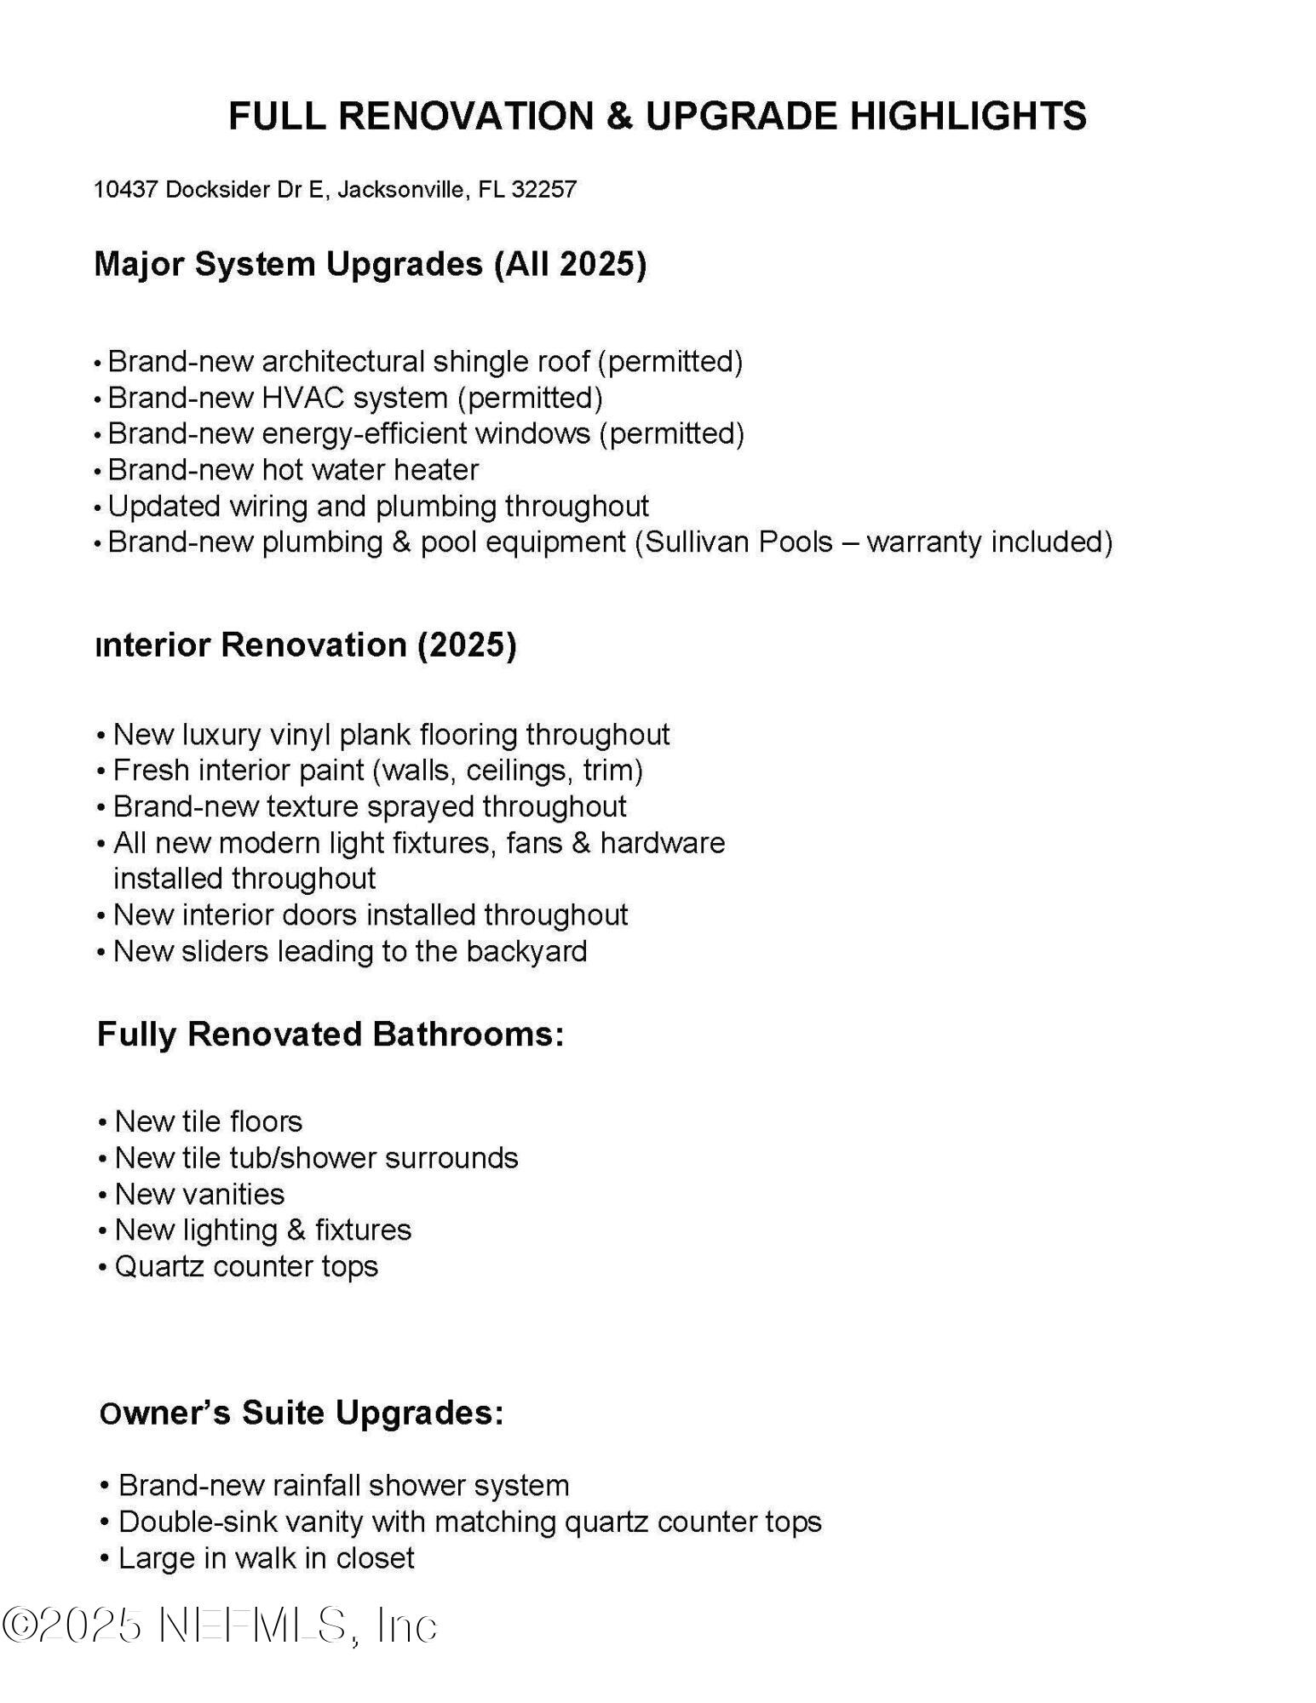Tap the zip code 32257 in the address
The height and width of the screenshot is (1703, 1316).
coord(544,189)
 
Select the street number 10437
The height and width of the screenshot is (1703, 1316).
coord(126,189)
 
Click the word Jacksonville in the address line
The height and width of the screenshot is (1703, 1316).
coord(402,189)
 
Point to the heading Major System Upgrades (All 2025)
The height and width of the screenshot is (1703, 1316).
coord(371,264)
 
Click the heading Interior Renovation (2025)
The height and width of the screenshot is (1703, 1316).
coord(307,645)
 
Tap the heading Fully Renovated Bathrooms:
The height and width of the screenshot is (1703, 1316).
coord(330,1034)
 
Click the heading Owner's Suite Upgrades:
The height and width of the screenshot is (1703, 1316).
coord(302,1413)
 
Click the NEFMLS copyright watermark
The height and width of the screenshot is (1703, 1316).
coord(220,1626)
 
